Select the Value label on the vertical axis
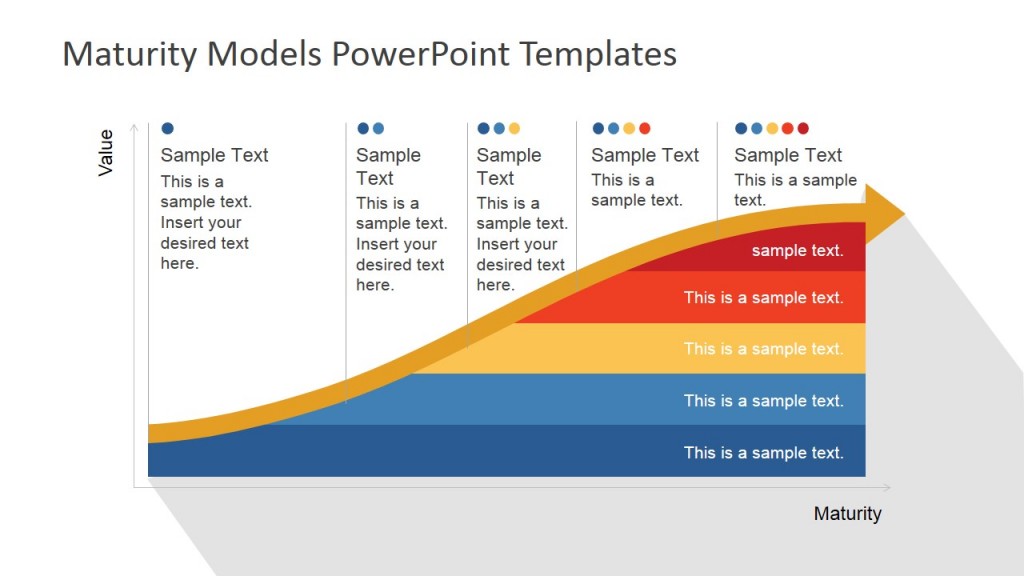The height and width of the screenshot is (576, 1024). (106, 153)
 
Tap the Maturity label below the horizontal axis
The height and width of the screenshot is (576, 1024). (847, 513)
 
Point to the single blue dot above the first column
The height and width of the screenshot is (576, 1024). (167, 128)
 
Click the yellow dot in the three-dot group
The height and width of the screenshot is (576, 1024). (514, 128)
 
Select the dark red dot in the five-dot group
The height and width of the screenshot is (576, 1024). (803, 128)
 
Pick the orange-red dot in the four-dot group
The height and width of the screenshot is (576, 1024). (644, 128)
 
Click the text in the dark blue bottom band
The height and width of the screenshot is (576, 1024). (763, 452)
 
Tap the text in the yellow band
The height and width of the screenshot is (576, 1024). (763, 349)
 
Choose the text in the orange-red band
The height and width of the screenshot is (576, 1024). (763, 297)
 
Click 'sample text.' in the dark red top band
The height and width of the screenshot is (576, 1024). (797, 250)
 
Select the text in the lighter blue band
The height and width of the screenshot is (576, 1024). (763, 400)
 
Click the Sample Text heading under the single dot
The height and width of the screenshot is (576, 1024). (214, 155)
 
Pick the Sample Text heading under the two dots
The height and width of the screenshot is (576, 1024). (388, 166)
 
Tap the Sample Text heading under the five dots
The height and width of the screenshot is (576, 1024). (788, 155)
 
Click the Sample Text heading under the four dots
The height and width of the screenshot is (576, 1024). (645, 155)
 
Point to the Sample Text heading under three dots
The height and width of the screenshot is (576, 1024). (508, 166)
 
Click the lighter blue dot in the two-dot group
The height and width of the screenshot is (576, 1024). (378, 128)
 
